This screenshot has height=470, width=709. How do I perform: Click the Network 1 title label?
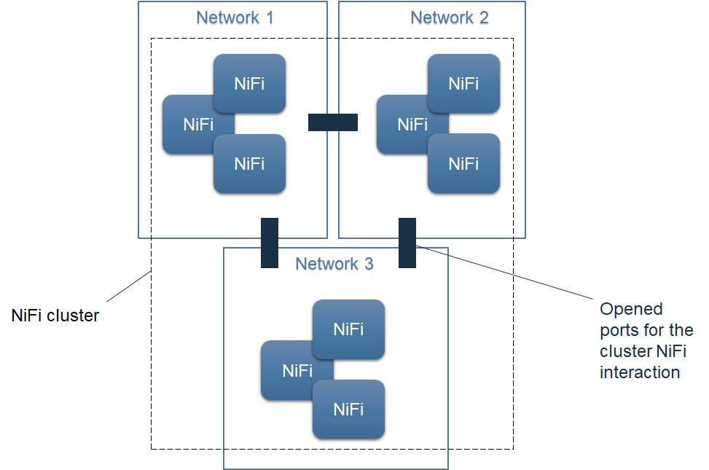point(235,17)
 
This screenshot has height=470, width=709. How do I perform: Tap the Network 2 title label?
point(449,17)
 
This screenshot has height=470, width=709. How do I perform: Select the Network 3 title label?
point(334,263)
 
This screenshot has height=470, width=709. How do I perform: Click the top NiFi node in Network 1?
point(249,83)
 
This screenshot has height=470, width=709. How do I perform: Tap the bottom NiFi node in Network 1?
point(249,164)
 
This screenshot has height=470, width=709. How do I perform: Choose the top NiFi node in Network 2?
point(463,83)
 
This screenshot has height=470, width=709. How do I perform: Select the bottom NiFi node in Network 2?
point(463,164)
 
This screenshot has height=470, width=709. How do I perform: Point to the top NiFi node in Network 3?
point(348,329)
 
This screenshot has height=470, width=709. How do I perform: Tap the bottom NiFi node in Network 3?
point(348,410)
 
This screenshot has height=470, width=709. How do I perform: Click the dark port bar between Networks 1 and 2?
point(333,122)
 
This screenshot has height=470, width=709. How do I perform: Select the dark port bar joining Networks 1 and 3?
point(270,243)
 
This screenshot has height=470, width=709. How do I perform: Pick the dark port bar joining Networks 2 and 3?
point(407,243)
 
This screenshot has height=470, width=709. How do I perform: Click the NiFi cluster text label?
point(55,316)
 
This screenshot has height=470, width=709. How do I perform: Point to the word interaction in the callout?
point(639,372)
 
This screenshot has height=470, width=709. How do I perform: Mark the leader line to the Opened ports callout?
point(510,273)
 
